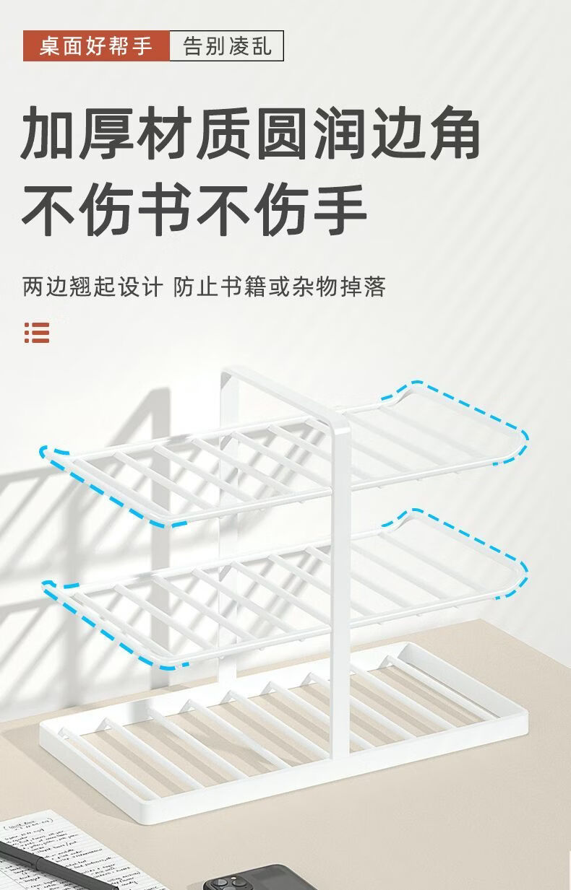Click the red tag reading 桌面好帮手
coord(96,46)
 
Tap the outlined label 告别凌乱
coord(227,46)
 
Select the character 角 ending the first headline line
coord(452,134)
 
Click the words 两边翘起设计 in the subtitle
coord(93,287)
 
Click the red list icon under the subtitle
coord(37,332)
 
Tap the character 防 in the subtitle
coord(185,287)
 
